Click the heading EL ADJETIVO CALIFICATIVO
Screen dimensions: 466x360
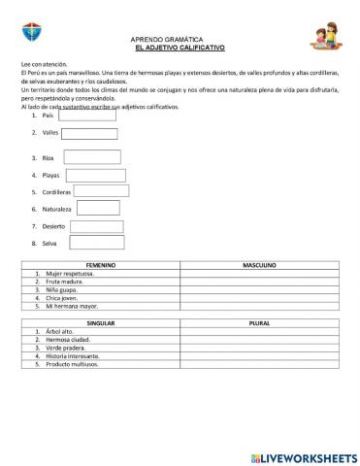pos(180,47)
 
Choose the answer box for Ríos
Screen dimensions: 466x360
pos(91,157)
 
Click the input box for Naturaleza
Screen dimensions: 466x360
pos(98,208)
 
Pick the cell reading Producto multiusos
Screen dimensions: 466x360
pos(74,364)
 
